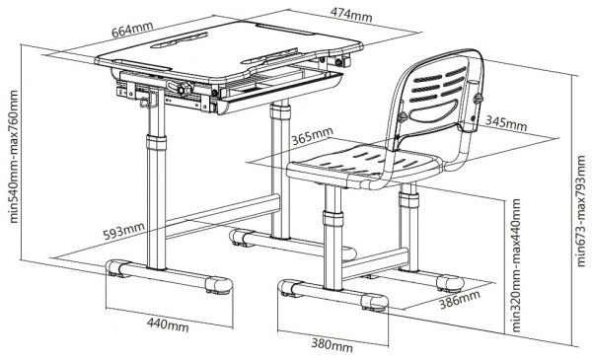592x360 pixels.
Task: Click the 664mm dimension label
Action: [132, 30]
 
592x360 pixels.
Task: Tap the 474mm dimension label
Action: [351, 15]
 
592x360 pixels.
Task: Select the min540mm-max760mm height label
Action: [14, 157]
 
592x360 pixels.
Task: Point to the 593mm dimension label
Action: [124, 231]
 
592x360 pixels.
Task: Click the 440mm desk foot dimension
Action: [168, 324]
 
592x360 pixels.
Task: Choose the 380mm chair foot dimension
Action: [333, 344]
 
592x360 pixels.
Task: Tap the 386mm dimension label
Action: [460, 299]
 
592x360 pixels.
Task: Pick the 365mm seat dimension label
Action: [312, 136]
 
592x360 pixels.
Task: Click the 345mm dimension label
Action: [506, 123]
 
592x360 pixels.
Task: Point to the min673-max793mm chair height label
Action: [581, 212]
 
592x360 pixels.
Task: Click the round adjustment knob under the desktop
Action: [183, 90]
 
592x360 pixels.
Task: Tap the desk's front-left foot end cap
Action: [115, 268]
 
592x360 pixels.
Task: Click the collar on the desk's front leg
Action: [156, 143]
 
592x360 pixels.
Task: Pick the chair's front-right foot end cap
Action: [373, 302]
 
